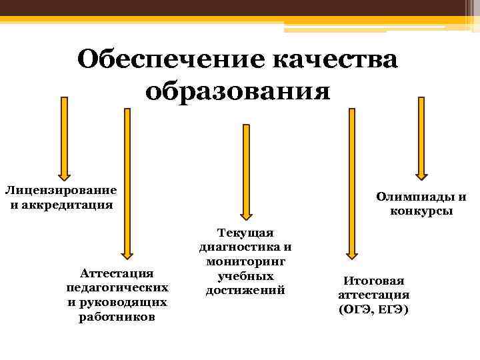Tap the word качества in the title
(x=335, y=59)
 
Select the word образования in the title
(x=238, y=90)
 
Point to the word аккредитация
(x=66, y=204)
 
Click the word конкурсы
(x=421, y=211)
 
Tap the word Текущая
(x=245, y=232)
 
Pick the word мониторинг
(x=245, y=261)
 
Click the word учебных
(x=245, y=275)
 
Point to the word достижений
(x=245, y=290)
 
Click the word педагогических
(x=117, y=287)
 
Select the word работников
(x=117, y=317)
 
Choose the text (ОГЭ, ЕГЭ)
(x=373, y=310)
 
